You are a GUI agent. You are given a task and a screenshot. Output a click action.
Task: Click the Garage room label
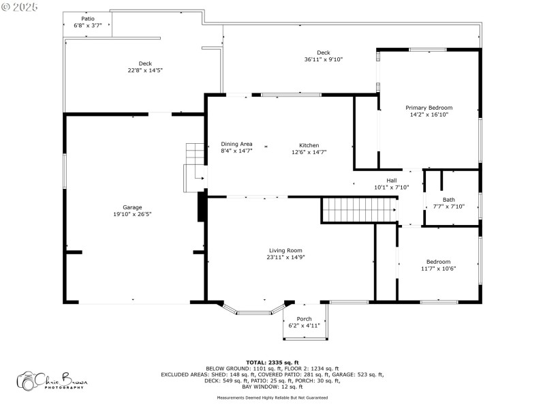[x=132, y=207]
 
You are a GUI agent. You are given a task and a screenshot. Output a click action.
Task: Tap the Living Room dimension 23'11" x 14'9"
[x=285, y=257]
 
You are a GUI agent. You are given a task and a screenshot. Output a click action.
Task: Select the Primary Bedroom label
[x=429, y=108]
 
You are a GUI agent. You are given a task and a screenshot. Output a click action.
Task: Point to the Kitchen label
[x=309, y=145]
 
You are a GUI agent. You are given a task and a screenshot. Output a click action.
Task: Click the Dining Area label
[x=236, y=144]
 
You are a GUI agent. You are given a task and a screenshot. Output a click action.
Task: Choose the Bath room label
[x=448, y=200]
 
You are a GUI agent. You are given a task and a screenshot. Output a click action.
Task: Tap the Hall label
[x=391, y=181]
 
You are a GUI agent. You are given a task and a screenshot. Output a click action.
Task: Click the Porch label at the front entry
[x=304, y=319]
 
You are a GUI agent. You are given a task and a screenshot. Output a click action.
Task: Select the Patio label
[x=88, y=19]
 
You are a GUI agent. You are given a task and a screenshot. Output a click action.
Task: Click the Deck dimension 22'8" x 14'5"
[x=145, y=70]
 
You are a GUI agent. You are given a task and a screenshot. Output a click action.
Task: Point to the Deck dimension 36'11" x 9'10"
[x=323, y=59]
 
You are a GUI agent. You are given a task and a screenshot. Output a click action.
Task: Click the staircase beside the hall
[x=359, y=210]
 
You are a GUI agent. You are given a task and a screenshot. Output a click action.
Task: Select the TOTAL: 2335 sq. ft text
[x=272, y=362]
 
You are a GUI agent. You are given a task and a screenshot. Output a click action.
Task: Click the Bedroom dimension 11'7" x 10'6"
[x=438, y=269]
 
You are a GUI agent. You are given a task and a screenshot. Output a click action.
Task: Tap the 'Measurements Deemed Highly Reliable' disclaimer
[x=272, y=397]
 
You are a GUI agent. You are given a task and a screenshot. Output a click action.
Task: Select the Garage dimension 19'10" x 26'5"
[x=132, y=214]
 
